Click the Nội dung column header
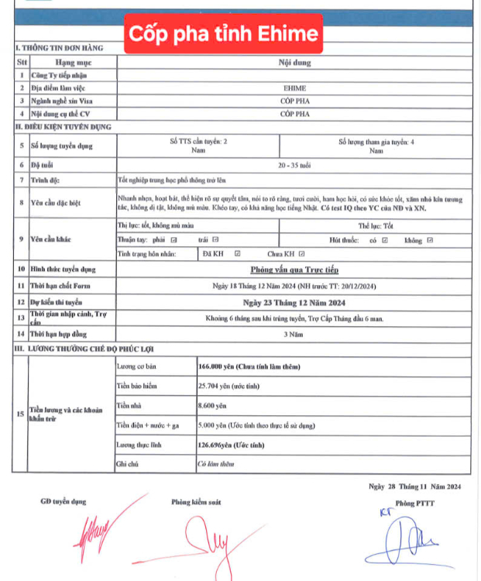[290, 62]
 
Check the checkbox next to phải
[174, 240]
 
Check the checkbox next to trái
[215, 240]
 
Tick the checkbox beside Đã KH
[237, 253]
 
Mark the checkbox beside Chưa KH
[301, 253]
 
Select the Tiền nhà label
[128, 405]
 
